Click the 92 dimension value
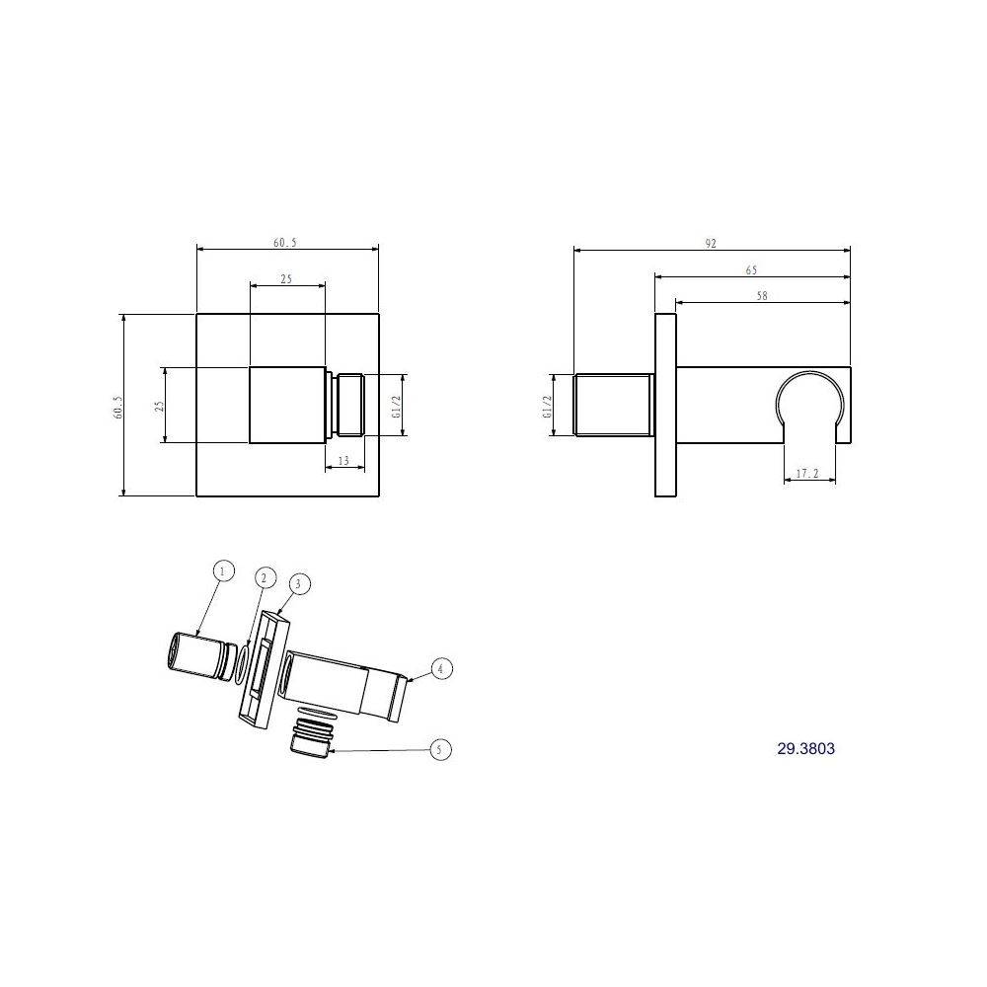pos(711,244)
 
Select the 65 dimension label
pos(751,270)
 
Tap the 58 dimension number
pos(762,295)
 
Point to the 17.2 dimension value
pos(807,474)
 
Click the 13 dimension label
pos(343,461)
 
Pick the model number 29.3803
pos(805,748)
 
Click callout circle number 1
pos(223,570)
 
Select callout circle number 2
pos(265,577)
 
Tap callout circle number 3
pos(298,584)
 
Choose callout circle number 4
pos(440,668)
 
